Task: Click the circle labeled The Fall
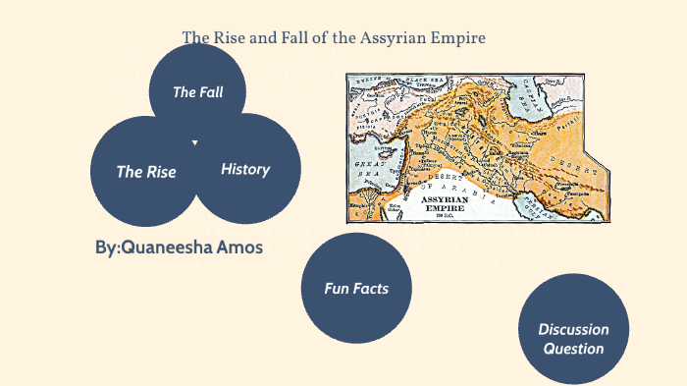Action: click(198, 92)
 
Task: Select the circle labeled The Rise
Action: click(146, 172)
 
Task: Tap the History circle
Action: click(245, 169)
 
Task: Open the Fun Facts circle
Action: click(356, 288)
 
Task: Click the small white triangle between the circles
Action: click(195, 143)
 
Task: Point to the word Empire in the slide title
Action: click(460, 38)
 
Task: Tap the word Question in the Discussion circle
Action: click(573, 348)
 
